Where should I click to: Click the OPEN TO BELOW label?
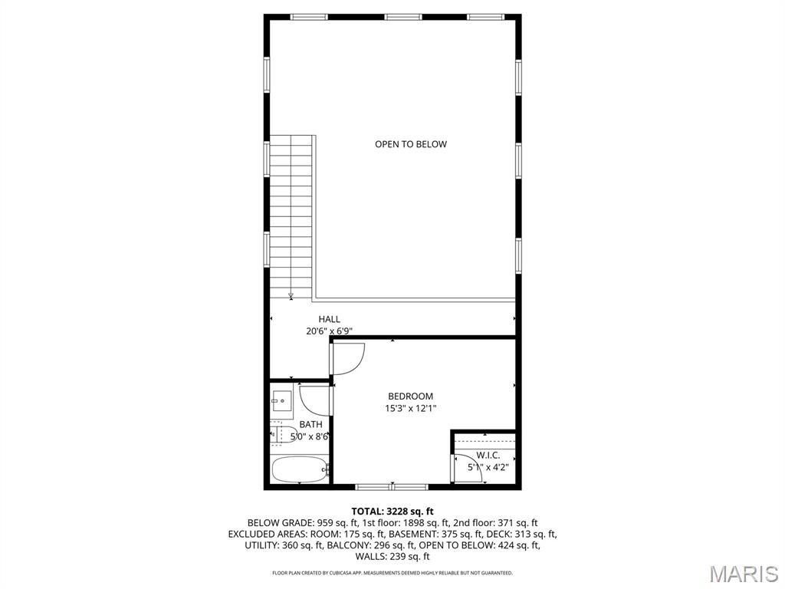[x=410, y=144]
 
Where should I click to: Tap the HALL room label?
[x=330, y=320]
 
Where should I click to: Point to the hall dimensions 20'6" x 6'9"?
[x=330, y=331]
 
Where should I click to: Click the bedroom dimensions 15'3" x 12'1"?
[x=410, y=409]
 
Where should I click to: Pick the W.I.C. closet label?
[x=488, y=455]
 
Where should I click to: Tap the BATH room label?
[x=310, y=424]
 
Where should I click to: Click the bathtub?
[x=300, y=469]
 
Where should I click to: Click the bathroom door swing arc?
[x=313, y=400]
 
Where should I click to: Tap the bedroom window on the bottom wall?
[x=392, y=486]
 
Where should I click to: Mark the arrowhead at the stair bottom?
[x=291, y=295]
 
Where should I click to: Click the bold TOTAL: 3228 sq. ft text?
[x=392, y=511]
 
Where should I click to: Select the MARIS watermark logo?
[x=743, y=573]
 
